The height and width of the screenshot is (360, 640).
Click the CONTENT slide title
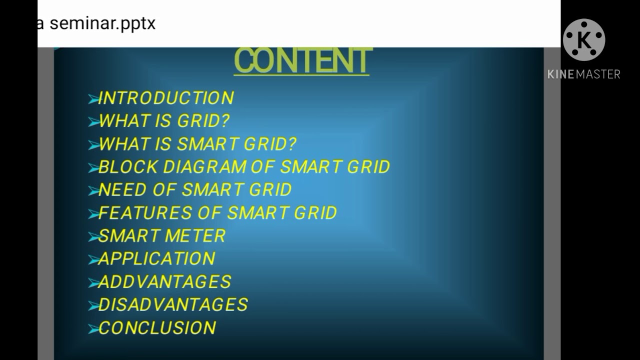point(301,61)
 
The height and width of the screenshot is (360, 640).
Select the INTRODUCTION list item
point(166,98)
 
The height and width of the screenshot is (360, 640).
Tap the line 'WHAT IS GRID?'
point(164,121)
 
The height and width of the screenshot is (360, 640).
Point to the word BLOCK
point(128,167)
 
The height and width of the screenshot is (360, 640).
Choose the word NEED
point(120,190)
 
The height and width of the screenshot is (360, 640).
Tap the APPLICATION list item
point(156,258)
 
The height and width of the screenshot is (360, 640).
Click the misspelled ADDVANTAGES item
point(164,282)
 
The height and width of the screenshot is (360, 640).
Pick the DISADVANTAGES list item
point(173,305)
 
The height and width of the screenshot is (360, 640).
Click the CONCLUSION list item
point(157,328)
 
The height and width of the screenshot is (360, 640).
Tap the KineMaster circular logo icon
point(583,40)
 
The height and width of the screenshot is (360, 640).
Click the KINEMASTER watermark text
point(583,74)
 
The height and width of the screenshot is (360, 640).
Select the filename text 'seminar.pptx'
point(102,23)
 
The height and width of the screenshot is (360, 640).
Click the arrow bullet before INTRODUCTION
point(93,100)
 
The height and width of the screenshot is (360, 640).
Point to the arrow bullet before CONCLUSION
point(93,329)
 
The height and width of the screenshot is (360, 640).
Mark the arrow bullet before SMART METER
point(93,237)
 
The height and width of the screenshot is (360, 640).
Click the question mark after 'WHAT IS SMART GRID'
point(290,144)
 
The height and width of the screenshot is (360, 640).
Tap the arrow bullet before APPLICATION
point(93,260)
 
